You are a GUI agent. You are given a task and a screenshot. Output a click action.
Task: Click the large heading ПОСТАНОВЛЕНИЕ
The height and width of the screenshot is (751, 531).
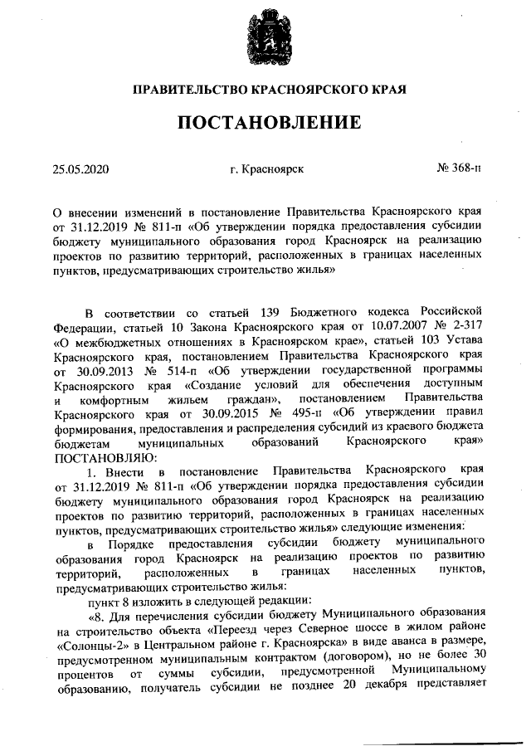click(265, 123)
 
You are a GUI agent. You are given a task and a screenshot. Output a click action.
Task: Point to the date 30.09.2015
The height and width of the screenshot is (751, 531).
click(220, 412)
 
